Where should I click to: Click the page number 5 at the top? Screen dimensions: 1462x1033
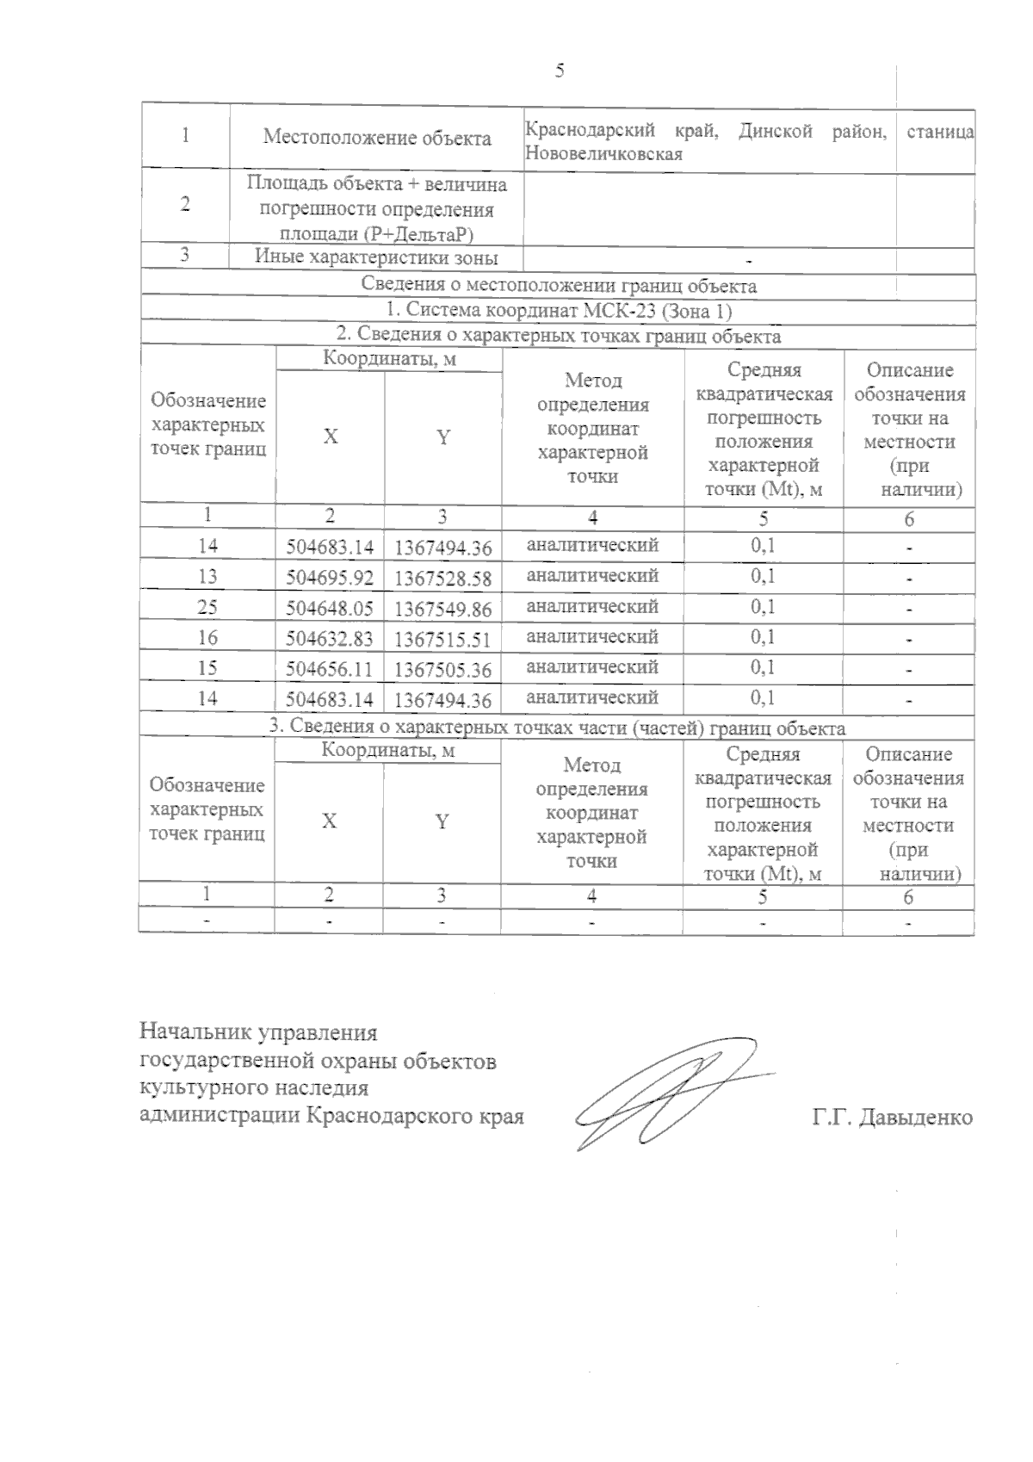point(560,71)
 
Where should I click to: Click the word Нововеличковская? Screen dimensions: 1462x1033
point(603,154)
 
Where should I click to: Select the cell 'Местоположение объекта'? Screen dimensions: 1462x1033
point(377,138)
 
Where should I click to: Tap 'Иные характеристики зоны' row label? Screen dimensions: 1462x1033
point(377,257)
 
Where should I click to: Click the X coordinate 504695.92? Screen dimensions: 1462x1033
point(330,578)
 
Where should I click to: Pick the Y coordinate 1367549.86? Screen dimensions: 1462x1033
point(442,610)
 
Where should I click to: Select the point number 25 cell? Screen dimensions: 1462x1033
point(207,607)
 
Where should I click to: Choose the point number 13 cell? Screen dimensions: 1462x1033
point(207,576)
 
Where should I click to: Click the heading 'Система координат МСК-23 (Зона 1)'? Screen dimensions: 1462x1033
point(559,311)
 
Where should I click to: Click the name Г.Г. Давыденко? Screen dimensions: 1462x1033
point(892,1118)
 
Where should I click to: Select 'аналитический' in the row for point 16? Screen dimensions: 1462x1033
point(592,637)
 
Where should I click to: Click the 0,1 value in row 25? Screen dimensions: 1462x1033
point(763,607)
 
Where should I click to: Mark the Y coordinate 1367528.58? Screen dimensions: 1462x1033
point(442,578)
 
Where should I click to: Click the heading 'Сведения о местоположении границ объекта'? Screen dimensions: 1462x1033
point(559,286)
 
